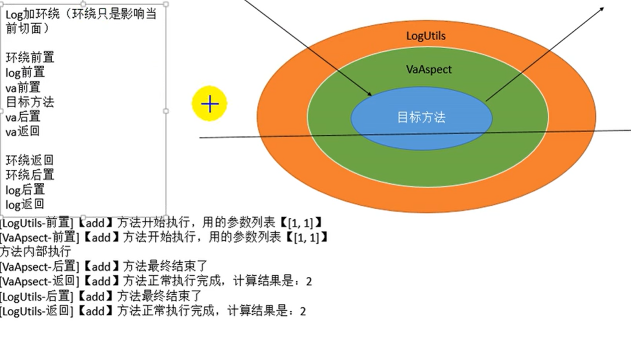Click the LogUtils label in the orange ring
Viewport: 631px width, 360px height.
click(425, 36)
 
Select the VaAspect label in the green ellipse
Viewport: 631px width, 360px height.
click(429, 69)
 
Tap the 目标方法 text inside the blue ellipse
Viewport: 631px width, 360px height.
click(421, 118)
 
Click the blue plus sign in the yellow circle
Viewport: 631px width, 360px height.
click(210, 104)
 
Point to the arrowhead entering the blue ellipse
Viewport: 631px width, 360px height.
click(370, 94)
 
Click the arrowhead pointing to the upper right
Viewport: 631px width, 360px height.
click(602, 8)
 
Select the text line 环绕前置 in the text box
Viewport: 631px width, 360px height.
click(30, 57)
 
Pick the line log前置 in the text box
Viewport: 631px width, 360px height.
click(25, 72)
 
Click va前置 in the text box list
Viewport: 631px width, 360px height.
click(23, 87)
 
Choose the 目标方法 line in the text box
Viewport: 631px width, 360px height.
click(30, 102)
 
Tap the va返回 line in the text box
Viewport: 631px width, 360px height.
click(23, 132)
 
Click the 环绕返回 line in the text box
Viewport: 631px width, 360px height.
click(30, 160)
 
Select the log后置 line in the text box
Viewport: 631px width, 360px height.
click(25, 190)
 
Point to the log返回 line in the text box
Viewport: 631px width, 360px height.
click(25, 205)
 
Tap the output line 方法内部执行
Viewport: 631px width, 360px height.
click(36, 252)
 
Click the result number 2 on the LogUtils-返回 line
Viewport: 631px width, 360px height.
click(303, 311)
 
